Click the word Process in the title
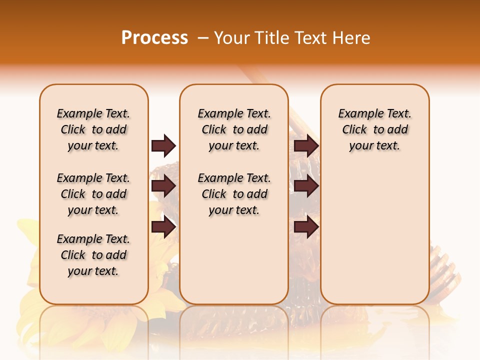pos(154,37)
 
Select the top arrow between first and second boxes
pos(163,146)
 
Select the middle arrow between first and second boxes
pos(163,186)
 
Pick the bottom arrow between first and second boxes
pos(163,227)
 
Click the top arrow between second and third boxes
pos(306,146)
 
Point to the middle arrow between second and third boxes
pos(306,186)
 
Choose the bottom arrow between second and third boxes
pos(306,227)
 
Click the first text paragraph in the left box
pos(93,129)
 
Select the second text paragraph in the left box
pos(93,194)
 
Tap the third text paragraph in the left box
pos(93,255)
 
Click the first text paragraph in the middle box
pos(234,129)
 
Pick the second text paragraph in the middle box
pos(234,194)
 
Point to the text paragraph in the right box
pos(374,129)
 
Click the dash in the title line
pos(203,38)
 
